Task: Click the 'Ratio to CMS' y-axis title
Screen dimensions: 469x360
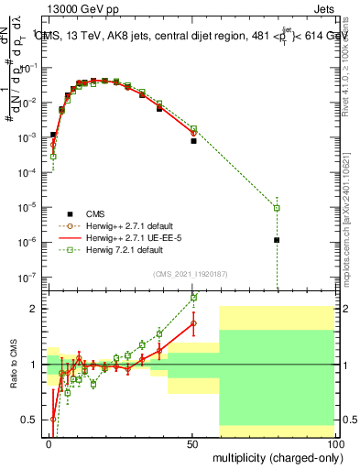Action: (12, 366)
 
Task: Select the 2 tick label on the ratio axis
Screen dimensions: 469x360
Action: (34, 309)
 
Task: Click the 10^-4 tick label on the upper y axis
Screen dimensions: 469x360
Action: (29, 172)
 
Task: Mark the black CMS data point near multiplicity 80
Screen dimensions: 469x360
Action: (277, 240)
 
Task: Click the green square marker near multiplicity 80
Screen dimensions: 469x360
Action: (277, 208)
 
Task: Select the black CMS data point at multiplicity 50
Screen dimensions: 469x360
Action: (193, 141)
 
